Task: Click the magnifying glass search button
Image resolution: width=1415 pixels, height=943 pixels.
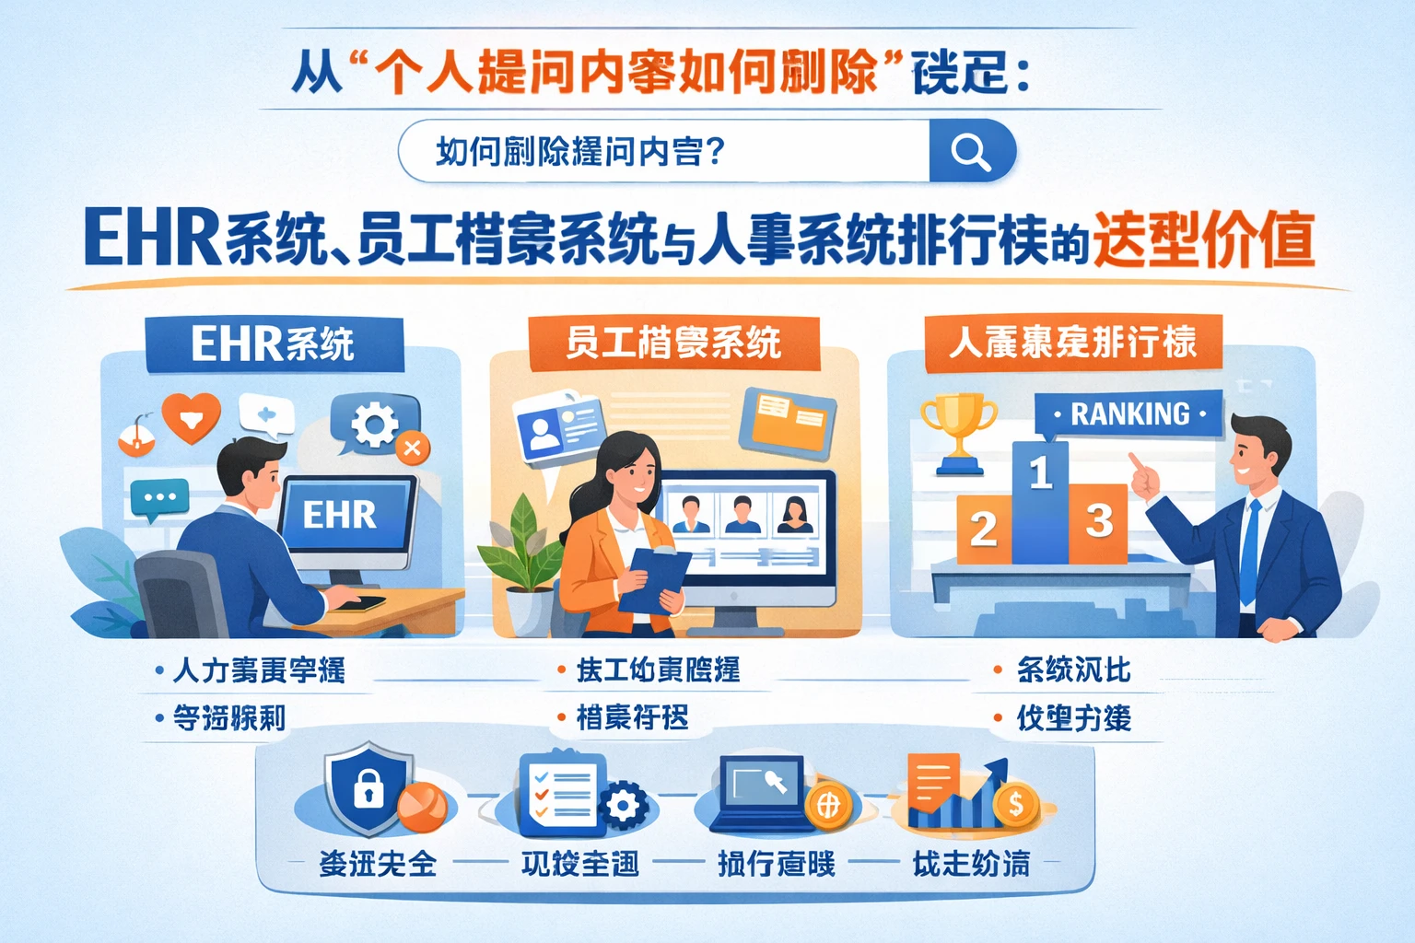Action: (971, 150)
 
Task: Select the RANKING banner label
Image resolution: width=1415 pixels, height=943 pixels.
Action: (1129, 414)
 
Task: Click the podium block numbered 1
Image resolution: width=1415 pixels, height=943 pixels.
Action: (1040, 502)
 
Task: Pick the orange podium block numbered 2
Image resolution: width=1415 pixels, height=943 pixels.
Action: (984, 529)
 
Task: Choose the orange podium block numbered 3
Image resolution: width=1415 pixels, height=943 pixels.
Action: (1099, 522)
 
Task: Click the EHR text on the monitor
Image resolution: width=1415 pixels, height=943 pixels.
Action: (340, 515)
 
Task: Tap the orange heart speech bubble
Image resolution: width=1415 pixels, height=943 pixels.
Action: (192, 417)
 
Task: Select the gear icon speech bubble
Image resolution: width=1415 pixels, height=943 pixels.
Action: (374, 425)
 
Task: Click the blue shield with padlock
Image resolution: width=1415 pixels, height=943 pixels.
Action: (368, 787)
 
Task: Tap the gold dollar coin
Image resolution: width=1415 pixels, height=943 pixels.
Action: (1015, 805)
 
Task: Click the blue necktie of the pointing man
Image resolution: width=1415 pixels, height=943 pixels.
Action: (1249, 552)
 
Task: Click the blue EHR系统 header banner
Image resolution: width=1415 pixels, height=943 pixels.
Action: (274, 344)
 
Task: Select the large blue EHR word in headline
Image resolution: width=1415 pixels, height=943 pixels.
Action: (152, 239)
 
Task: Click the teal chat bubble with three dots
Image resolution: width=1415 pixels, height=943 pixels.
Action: (159, 498)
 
